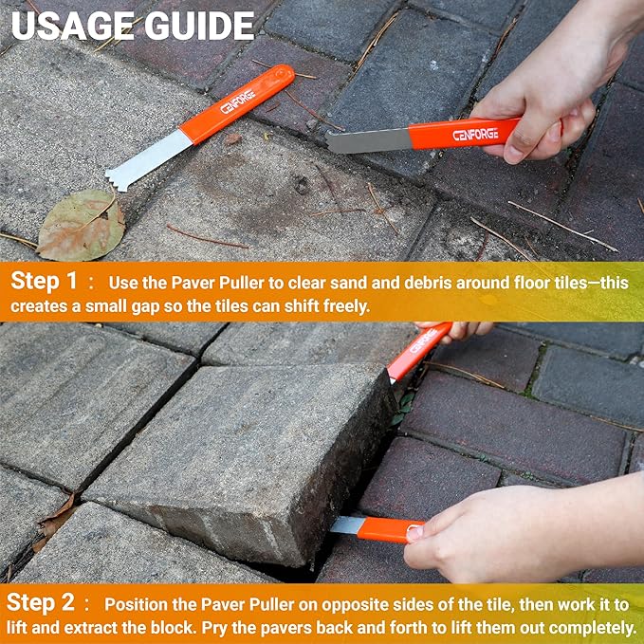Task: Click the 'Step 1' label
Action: pos(45,282)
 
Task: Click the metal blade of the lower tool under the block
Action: pos(347,524)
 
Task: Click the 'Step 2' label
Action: pos(45,603)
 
